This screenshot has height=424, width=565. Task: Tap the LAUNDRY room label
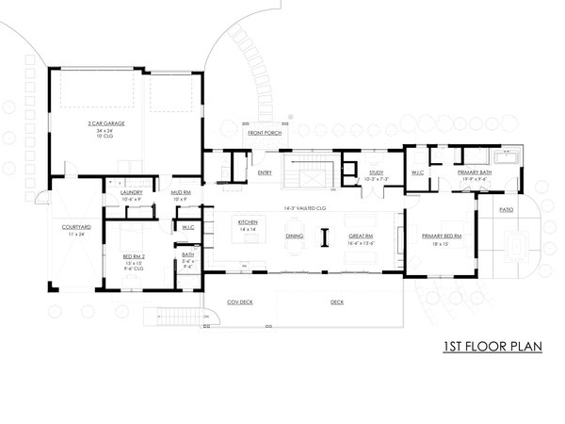coord(131,192)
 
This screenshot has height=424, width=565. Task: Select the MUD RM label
coord(181,192)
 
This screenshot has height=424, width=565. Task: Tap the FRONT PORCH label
coord(262,134)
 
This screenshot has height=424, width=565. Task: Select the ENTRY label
coord(265,172)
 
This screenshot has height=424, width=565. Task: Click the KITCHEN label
coord(247,222)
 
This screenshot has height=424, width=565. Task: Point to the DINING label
coord(294,236)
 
